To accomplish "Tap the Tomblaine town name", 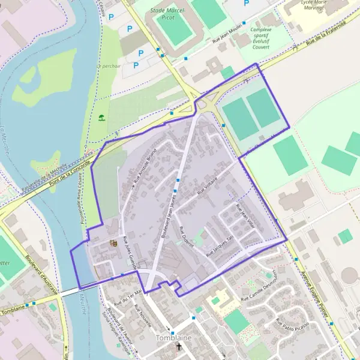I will (173, 338).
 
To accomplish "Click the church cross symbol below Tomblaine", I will (178, 347).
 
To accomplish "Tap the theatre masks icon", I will (112, 243).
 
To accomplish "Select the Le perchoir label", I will (109, 66).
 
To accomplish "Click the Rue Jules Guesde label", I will (130, 253).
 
